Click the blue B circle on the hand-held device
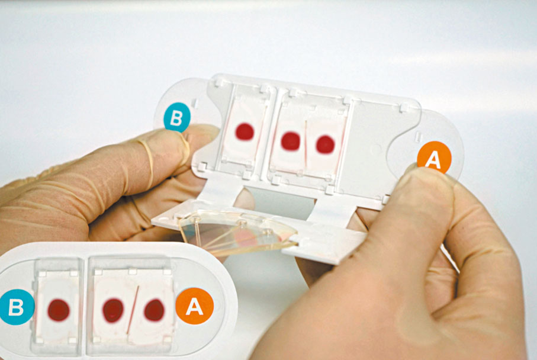tap(176, 117)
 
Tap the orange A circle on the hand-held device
tap(434, 157)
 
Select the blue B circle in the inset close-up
tap(16, 307)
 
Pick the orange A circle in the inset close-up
tap(195, 306)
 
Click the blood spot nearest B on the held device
tap(245, 131)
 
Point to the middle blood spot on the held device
tap(291, 141)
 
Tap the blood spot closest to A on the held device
tap(325, 144)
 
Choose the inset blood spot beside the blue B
tap(59, 310)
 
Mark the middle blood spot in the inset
tap(112, 310)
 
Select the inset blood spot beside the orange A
tap(154, 310)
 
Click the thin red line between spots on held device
tap(306, 144)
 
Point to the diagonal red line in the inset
tap(133, 310)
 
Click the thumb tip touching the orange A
tap(428, 182)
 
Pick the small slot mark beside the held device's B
tap(194, 103)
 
